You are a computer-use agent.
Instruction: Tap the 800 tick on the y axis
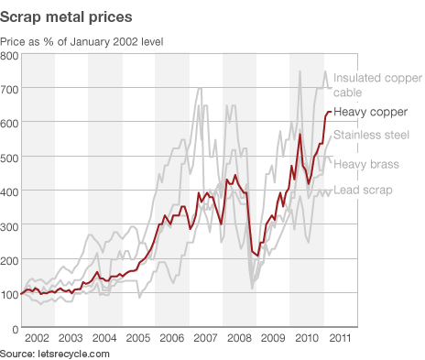tap(10, 56)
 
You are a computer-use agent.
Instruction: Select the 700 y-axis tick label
tap(10, 90)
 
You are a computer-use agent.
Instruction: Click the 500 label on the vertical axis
tap(10, 158)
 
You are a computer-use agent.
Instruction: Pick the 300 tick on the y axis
tap(10, 225)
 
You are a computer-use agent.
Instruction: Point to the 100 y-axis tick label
tap(10, 293)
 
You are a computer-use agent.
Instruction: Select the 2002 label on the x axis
tap(37, 338)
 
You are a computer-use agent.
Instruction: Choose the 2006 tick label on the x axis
tap(171, 338)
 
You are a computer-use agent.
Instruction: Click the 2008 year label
tap(239, 338)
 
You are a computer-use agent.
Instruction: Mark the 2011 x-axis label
tap(340, 338)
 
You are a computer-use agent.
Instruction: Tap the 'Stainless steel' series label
tap(370, 136)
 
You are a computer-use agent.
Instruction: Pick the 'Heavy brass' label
tap(365, 164)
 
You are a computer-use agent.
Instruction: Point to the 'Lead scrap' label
tap(363, 190)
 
